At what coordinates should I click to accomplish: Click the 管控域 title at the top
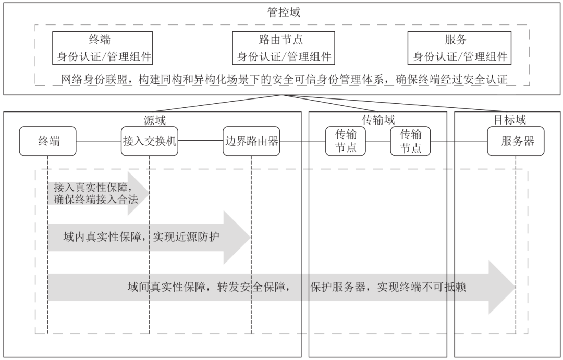tap(283, 13)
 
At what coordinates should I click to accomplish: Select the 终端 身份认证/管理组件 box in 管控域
tap(103, 48)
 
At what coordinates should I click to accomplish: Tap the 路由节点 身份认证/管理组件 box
tap(284, 48)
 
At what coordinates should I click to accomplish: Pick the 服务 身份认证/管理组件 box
tap(459, 48)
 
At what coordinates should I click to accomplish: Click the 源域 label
tap(155, 120)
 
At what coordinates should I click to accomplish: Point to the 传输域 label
tap(378, 119)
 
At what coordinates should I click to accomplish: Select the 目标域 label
tap(509, 119)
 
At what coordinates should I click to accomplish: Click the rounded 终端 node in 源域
tap(48, 141)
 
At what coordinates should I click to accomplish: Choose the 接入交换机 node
tap(150, 141)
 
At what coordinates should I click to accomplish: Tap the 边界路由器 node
tap(251, 141)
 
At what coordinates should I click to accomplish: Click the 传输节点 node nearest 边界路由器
tap(346, 141)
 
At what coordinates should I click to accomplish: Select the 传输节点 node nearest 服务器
tap(410, 141)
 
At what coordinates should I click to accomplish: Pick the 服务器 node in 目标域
tap(516, 141)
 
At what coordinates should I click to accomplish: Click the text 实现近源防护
tap(186, 237)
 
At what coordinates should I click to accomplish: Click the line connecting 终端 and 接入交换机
tap(99, 141)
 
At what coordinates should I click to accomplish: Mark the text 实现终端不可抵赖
tap(422, 287)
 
